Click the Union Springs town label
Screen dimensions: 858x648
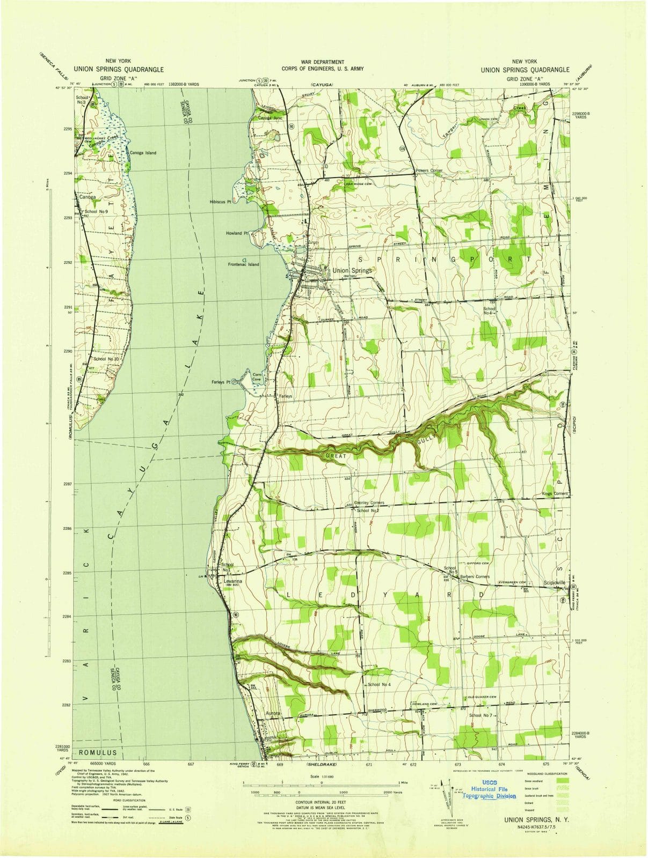[352, 271]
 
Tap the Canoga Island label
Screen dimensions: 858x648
[143, 153]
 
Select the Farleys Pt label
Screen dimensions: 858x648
[221, 382]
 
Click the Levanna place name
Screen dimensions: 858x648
[233, 581]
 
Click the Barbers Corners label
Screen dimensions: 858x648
[471, 576]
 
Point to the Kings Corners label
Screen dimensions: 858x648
[555, 493]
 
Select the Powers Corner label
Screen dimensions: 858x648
[429, 171]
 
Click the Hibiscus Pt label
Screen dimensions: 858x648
[220, 202]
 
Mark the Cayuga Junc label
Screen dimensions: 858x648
[270, 117]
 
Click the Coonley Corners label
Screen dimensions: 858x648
[369, 502]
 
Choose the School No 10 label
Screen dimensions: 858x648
[105, 359]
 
